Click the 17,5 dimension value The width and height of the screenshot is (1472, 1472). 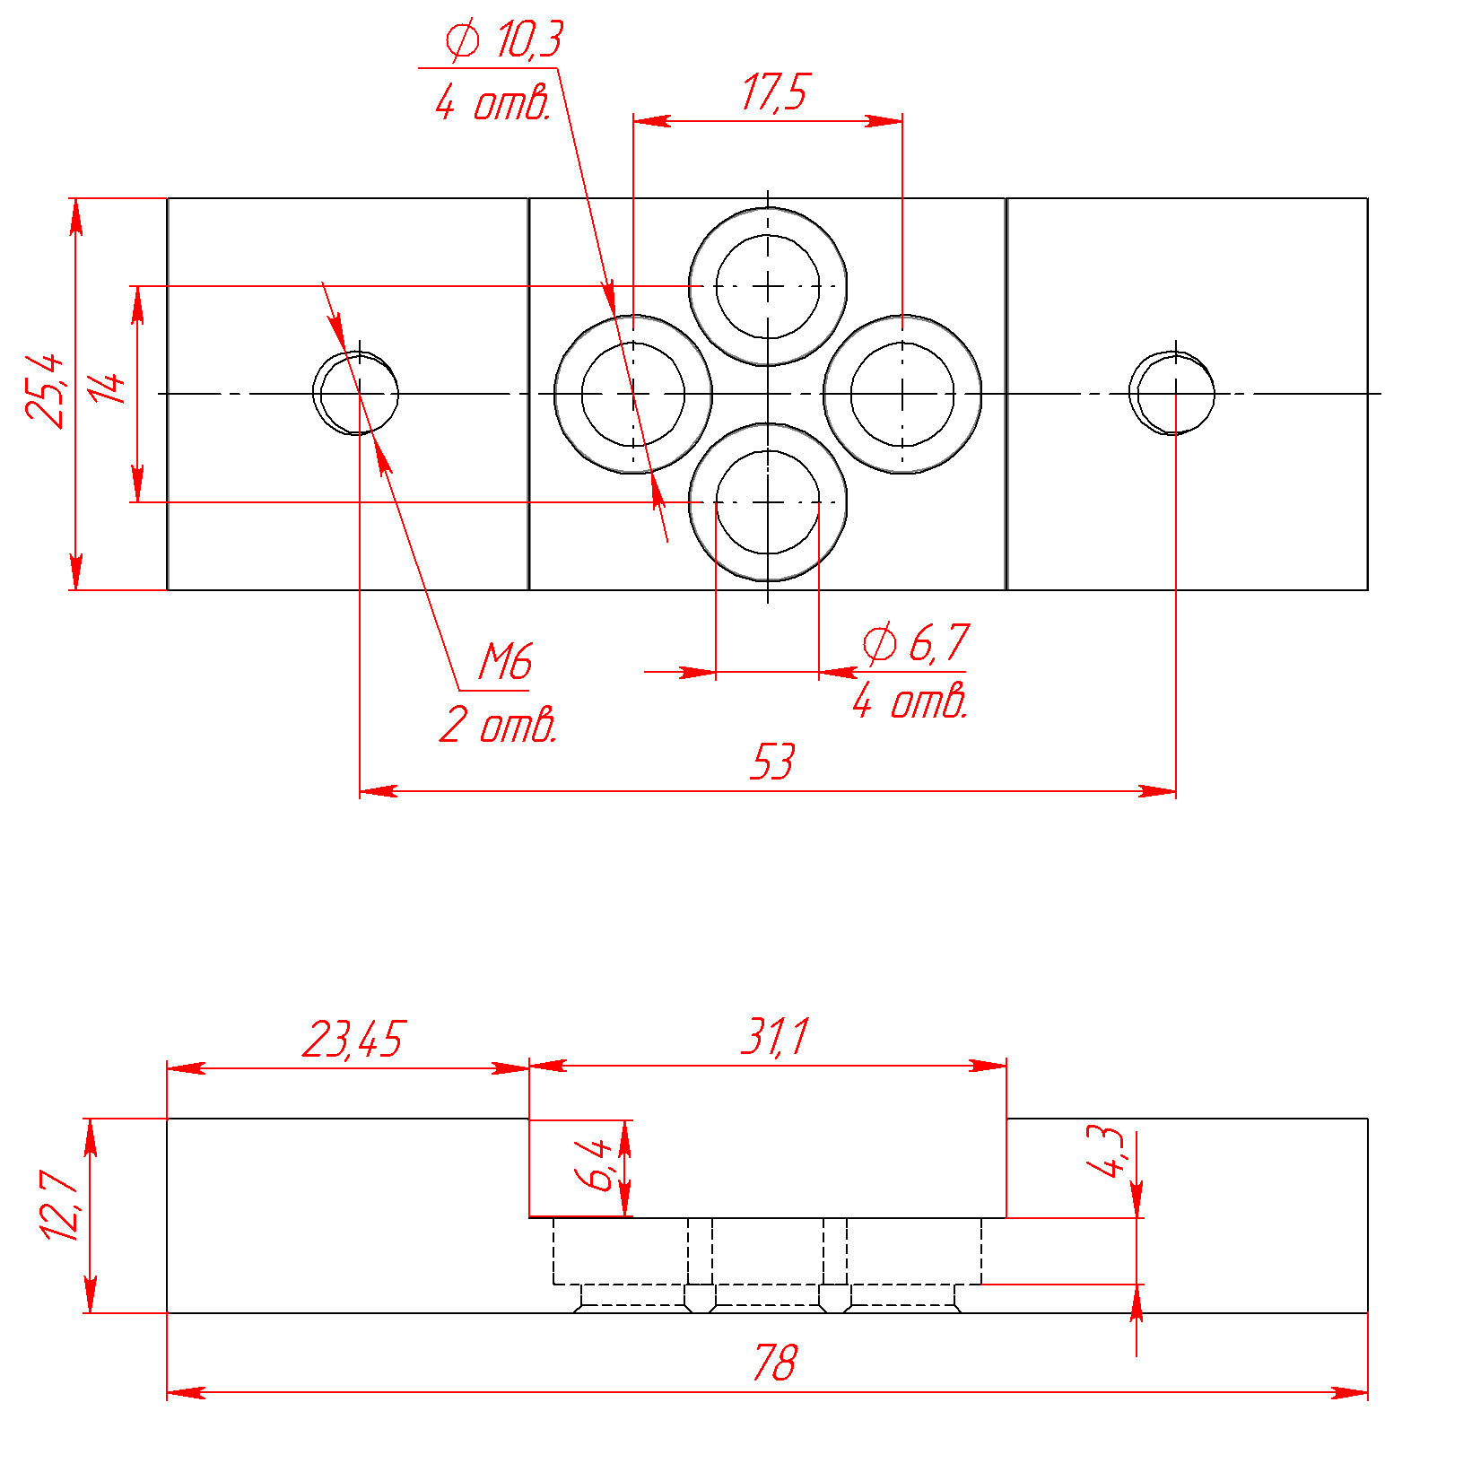click(775, 92)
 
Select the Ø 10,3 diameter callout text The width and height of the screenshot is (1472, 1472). click(504, 40)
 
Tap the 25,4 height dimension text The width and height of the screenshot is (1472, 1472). click(45, 391)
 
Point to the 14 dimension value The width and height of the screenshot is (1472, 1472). click(108, 388)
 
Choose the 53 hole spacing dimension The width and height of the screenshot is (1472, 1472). click(771, 762)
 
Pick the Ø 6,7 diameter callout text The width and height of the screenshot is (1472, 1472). click(915, 643)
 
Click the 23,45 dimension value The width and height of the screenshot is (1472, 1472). click(353, 1039)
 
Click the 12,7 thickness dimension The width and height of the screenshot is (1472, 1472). click(61, 1206)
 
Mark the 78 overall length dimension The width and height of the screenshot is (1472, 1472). click(773, 1363)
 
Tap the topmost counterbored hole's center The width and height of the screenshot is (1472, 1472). click(768, 286)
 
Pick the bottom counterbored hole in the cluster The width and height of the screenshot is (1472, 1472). click(768, 502)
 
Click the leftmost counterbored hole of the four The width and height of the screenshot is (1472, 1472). click(633, 394)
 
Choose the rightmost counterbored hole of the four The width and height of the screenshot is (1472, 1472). click(902, 394)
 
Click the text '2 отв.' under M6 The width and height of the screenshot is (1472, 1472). click(499, 725)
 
